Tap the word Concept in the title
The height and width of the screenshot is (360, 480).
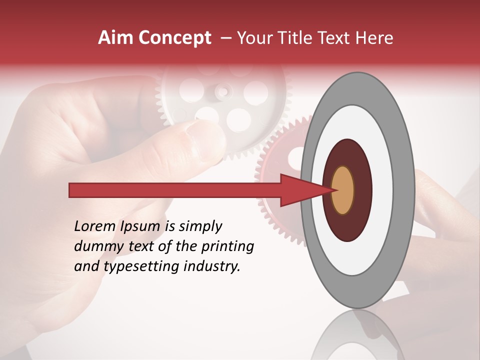(x=173, y=37)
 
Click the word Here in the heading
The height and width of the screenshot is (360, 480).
(x=374, y=37)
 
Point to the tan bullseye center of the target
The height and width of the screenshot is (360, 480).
(x=342, y=190)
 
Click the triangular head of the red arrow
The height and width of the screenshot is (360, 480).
(x=300, y=190)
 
